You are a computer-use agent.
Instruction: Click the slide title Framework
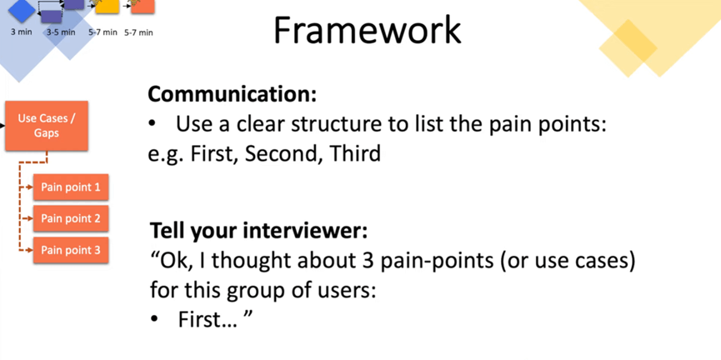[x=367, y=30]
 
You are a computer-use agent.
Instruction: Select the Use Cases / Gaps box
[x=47, y=126]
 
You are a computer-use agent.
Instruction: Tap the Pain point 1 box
[x=71, y=187]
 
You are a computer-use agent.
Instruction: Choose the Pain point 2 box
[x=71, y=218]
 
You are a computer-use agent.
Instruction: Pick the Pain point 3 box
[x=71, y=250]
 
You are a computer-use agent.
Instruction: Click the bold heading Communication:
[x=233, y=94]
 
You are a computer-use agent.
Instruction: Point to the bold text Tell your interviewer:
[x=259, y=231]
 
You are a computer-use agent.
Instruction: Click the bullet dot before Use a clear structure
[x=152, y=124]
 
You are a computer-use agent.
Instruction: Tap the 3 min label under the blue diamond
[x=22, y=32]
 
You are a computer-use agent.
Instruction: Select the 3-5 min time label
[x=61, y=32]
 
